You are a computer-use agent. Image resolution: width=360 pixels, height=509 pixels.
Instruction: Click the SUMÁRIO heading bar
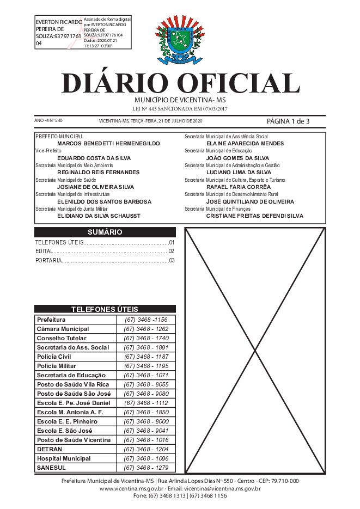(105, 232)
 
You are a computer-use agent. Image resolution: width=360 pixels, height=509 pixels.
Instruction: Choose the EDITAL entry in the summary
(44, 252)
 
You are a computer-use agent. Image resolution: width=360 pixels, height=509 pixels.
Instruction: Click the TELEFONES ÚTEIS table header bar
(105, 309)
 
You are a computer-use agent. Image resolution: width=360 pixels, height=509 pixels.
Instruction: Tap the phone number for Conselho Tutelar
(146, 338)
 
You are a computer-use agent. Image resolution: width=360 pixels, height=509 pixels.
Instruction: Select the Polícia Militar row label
(57, 366)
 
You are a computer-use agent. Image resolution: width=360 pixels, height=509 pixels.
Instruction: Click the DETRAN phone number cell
(146, 449)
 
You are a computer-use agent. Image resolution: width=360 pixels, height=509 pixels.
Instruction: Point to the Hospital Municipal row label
(64, 458)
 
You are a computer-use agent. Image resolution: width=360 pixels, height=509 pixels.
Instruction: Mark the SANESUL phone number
(146, 468)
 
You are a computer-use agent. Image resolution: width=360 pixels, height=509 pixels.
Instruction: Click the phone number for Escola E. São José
(146, 431)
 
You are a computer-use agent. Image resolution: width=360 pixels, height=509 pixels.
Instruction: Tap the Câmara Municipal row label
(63, 329)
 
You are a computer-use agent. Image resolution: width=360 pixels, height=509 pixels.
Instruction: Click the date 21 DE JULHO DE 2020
(180, 121)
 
